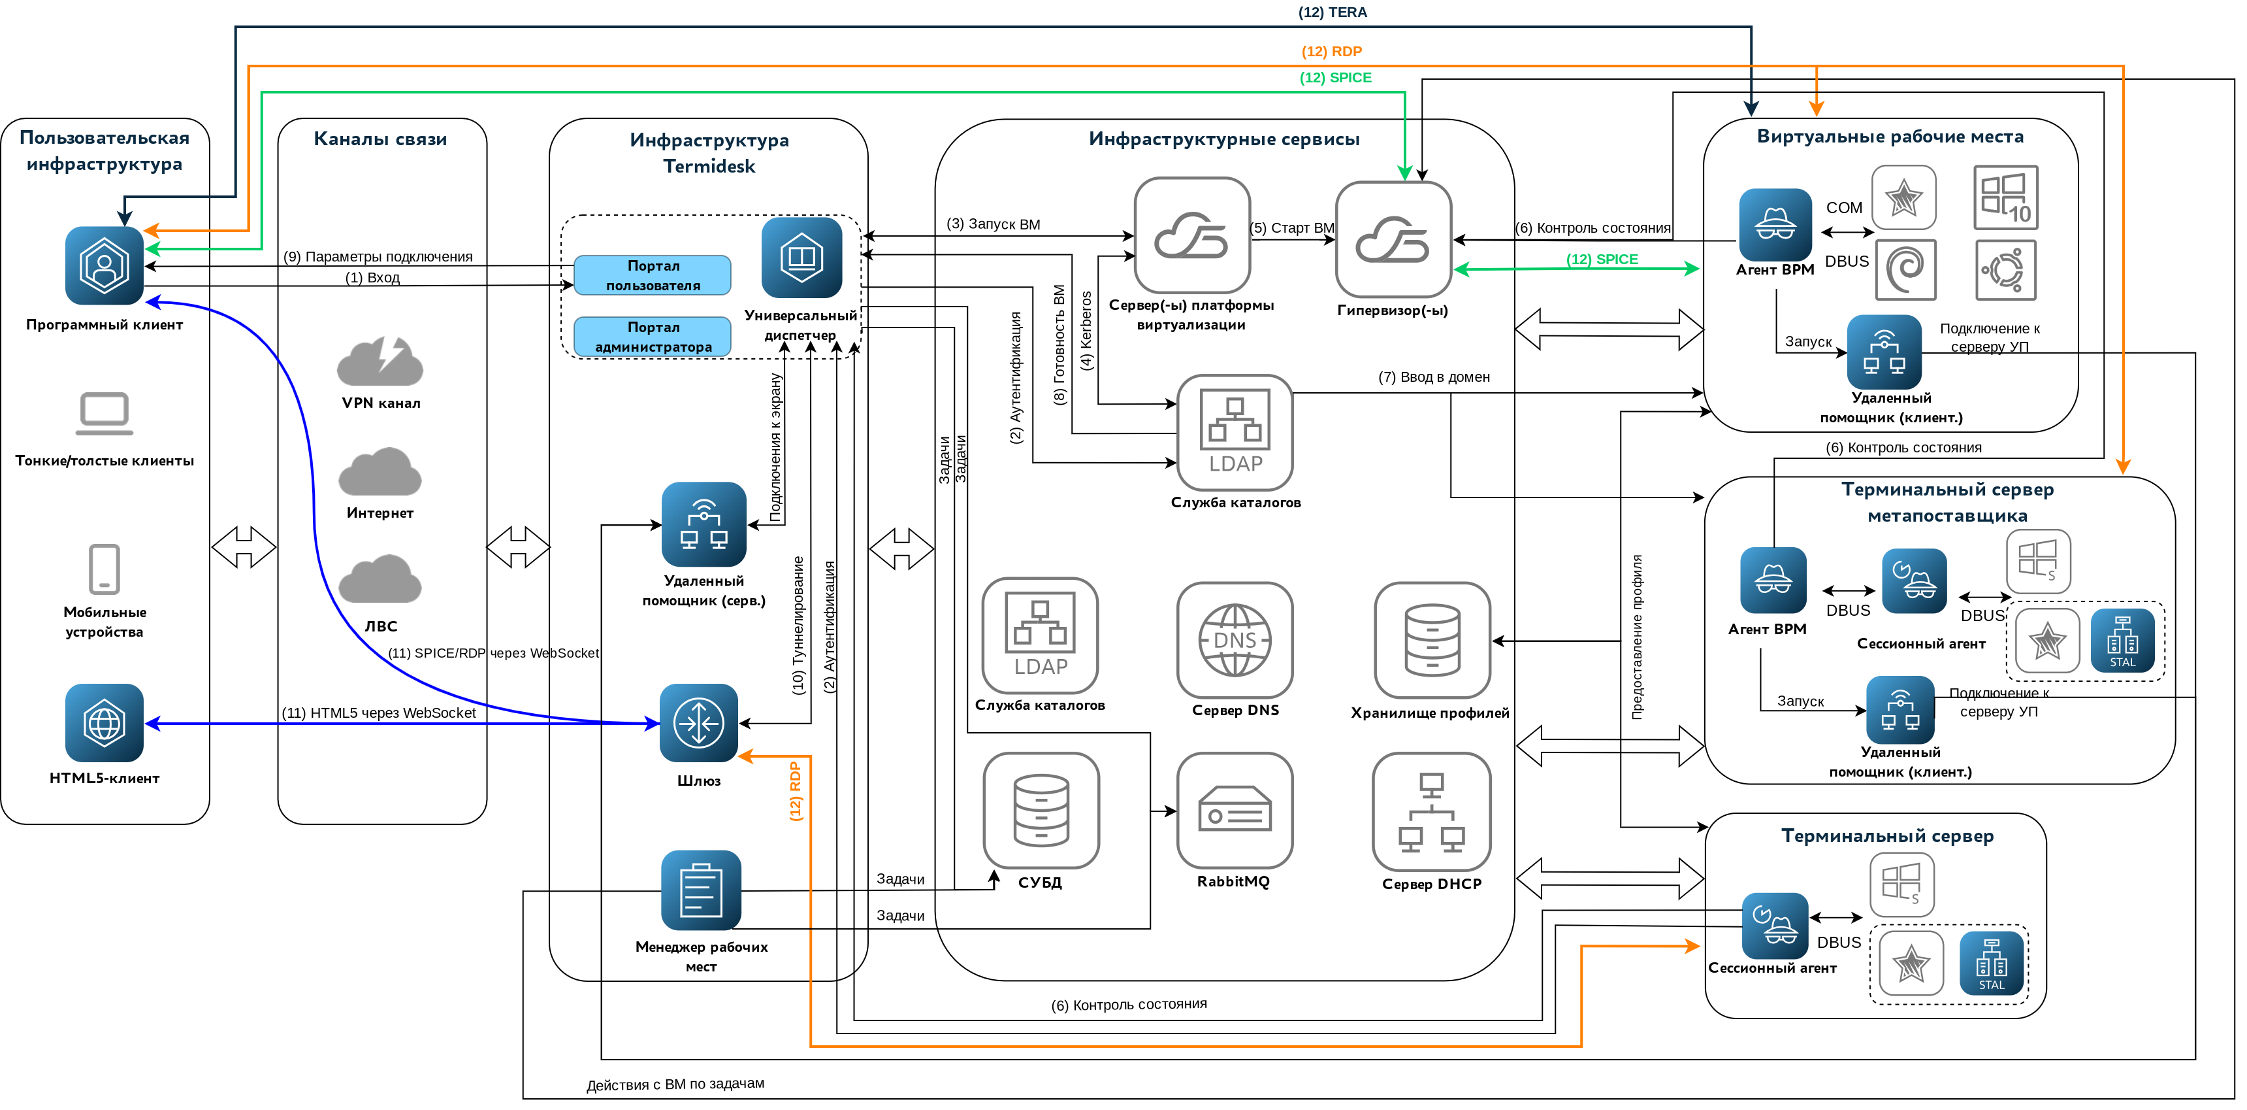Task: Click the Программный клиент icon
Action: click(104, 265)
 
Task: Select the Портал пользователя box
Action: click(653, 275)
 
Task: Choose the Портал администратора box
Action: click(653, 336)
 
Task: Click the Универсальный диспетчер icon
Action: click(801, 258)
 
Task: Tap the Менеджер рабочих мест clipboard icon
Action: click(702, 890)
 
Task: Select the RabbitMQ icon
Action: click(1235, 811)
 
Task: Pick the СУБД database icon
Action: click(1041, 811)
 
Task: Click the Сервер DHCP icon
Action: click(1431, 811)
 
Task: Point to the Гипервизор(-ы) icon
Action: click(1393, 239)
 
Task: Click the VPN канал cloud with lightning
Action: click(380, 362)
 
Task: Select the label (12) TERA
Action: click(1332, 12)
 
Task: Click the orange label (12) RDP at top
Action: click(1331, 52)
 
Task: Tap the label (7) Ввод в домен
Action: click(1433, 377)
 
